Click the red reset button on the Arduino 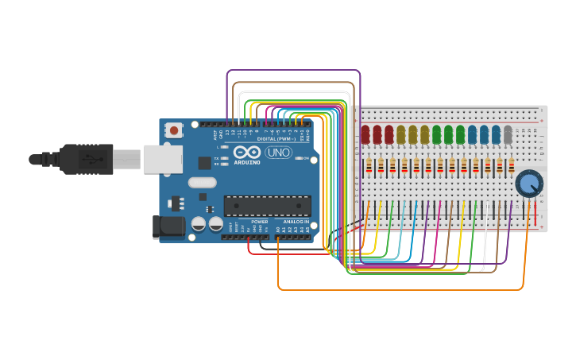174,130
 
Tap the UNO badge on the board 278,153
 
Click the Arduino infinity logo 246,153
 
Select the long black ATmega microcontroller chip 267,206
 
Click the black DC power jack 168,226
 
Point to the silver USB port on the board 164,159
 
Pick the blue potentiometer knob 528,184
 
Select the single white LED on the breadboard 508,134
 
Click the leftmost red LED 365,134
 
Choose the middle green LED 448,134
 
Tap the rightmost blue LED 496,134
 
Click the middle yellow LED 412,134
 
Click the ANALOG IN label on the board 296,222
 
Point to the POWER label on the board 259,222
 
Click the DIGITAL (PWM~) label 273,138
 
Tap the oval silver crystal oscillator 203,182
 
